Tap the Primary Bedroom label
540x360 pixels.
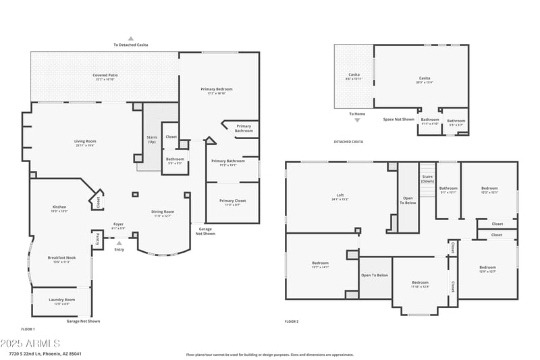point(217,90)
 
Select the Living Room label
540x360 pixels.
point(85,142)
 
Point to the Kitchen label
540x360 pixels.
point(59,208)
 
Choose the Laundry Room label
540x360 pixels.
point(61,301)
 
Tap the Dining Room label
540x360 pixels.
point(162,213)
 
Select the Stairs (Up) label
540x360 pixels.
point(152,139)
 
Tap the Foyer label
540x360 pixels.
point(118,225)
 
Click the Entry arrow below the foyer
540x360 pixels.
point(119,243)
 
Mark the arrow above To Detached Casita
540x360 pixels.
point(131,38)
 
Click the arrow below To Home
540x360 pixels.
point(357,120)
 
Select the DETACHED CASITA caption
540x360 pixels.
point(348,142)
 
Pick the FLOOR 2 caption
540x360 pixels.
point(292,322)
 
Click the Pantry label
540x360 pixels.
point(97,239)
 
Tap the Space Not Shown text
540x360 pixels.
point(398,120)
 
